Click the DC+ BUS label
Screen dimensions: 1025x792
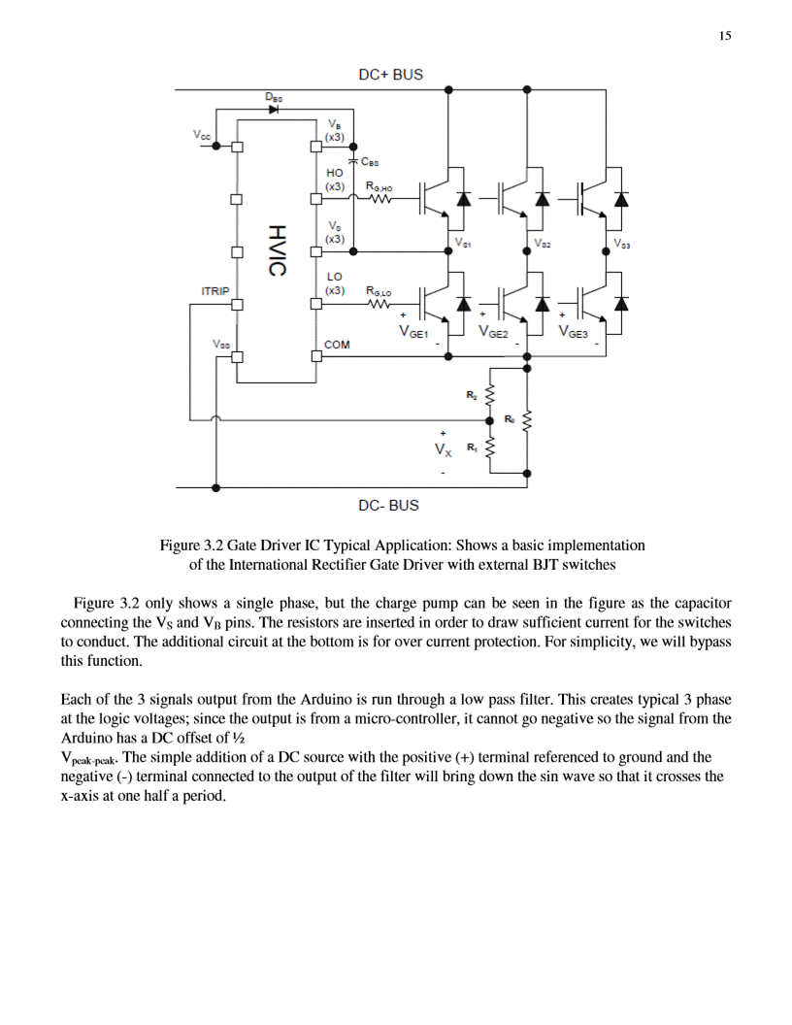click(390, 75)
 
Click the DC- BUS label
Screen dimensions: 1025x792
click(388, 506)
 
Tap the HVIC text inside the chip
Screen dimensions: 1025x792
click(277, 250)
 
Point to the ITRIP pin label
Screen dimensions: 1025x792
click(214, 290)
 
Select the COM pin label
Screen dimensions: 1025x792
click(337, 345)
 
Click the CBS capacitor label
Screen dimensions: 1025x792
click(369, 162)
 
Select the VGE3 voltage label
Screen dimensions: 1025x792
click(576, 333)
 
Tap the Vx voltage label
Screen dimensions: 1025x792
click(443, 450)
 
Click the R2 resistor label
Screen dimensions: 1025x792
click(472, 395)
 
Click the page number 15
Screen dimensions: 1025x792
click(724, 36)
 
